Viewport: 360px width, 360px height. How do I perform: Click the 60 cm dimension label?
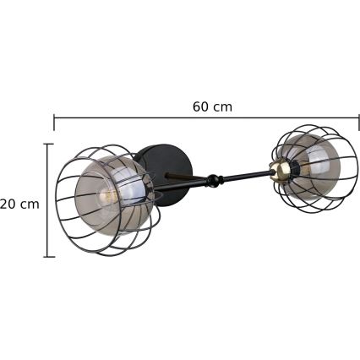click(x=212, y=106)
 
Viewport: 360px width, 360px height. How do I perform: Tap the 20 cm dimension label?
click(x=19, y=204)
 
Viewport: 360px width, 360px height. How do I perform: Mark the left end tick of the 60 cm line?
click(x=55, y=123)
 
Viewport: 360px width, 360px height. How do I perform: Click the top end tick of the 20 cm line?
click(x=48, y=144)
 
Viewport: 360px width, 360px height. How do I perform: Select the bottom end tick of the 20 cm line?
click(x=48, y=256)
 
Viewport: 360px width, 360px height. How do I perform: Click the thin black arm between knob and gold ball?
click(x=245, y=175)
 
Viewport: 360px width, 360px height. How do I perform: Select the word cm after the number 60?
click(x=222, y=106)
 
